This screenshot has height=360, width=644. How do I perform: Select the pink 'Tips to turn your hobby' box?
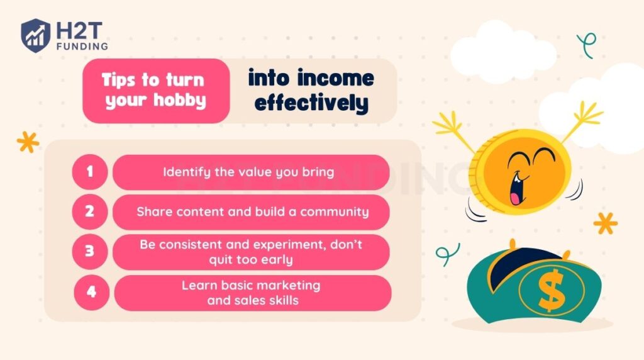coord(155,91)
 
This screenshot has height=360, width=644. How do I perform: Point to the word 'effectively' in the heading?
coord(311,103)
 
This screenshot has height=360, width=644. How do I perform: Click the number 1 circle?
coord(90,172)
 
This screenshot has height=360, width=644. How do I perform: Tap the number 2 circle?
coord(90,211)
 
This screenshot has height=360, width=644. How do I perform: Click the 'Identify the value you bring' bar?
coord(250,172)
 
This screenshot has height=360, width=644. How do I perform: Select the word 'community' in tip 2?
coord(334,211)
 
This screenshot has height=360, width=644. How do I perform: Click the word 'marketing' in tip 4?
coord(291,285)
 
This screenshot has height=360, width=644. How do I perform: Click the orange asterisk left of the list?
coord(28,142)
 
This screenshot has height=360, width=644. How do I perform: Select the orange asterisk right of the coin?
coord(605,223)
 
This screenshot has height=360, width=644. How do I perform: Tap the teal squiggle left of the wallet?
coord(443,254)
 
